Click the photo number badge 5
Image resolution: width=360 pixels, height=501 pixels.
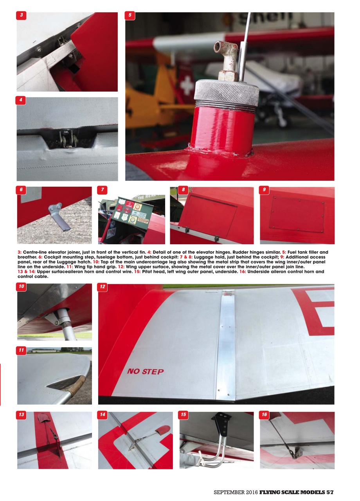(130, 16)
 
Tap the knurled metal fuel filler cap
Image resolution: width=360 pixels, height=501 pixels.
(227, 93)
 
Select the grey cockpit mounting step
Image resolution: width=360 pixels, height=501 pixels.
(60, 216)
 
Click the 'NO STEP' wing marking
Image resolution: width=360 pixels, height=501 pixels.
(145, 371)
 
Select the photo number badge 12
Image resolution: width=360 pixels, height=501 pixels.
(103, 287)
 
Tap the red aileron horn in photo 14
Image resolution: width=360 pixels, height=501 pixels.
(162, 430)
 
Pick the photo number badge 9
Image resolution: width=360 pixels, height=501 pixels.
(265, 190)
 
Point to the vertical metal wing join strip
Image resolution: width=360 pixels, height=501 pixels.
(226, 344)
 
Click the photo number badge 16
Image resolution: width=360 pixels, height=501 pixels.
(265, 414)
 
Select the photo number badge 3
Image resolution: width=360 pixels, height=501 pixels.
(22, 16)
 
